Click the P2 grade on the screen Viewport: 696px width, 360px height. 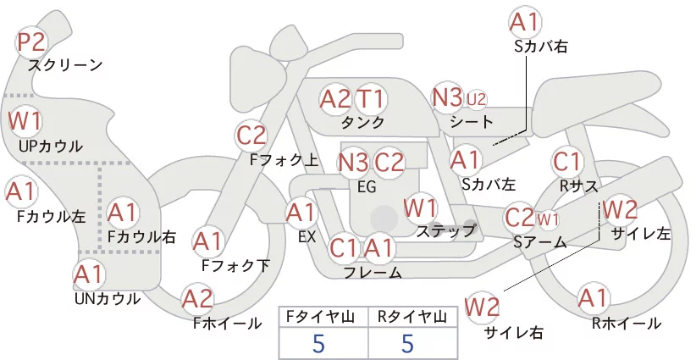point(31,42)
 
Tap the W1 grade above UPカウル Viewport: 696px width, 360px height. point(25,121)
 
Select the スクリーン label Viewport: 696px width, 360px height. point(66,65)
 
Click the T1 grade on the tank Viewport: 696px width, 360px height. point(370,98)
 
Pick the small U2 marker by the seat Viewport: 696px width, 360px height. point(476,99)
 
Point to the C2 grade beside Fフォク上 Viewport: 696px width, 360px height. point(251,136)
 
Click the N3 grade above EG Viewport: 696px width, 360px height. point(353,163)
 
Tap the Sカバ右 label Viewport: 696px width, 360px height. point(541,47)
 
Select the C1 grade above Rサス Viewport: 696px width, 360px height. point(566,162)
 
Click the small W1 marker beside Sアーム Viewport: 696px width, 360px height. point(548,219)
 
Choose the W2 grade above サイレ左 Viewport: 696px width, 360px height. point(620,209)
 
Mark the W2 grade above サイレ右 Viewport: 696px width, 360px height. point(482,307)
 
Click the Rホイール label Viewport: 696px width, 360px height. point(627,324)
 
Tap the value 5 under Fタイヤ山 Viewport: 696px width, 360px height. point(318,343)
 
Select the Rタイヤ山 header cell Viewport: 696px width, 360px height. point(412,317)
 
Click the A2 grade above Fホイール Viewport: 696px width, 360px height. point(197,298)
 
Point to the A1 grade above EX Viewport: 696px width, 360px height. point(301,213)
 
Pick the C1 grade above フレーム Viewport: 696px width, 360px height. point(343,247)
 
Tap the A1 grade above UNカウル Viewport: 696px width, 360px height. point(89,274)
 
